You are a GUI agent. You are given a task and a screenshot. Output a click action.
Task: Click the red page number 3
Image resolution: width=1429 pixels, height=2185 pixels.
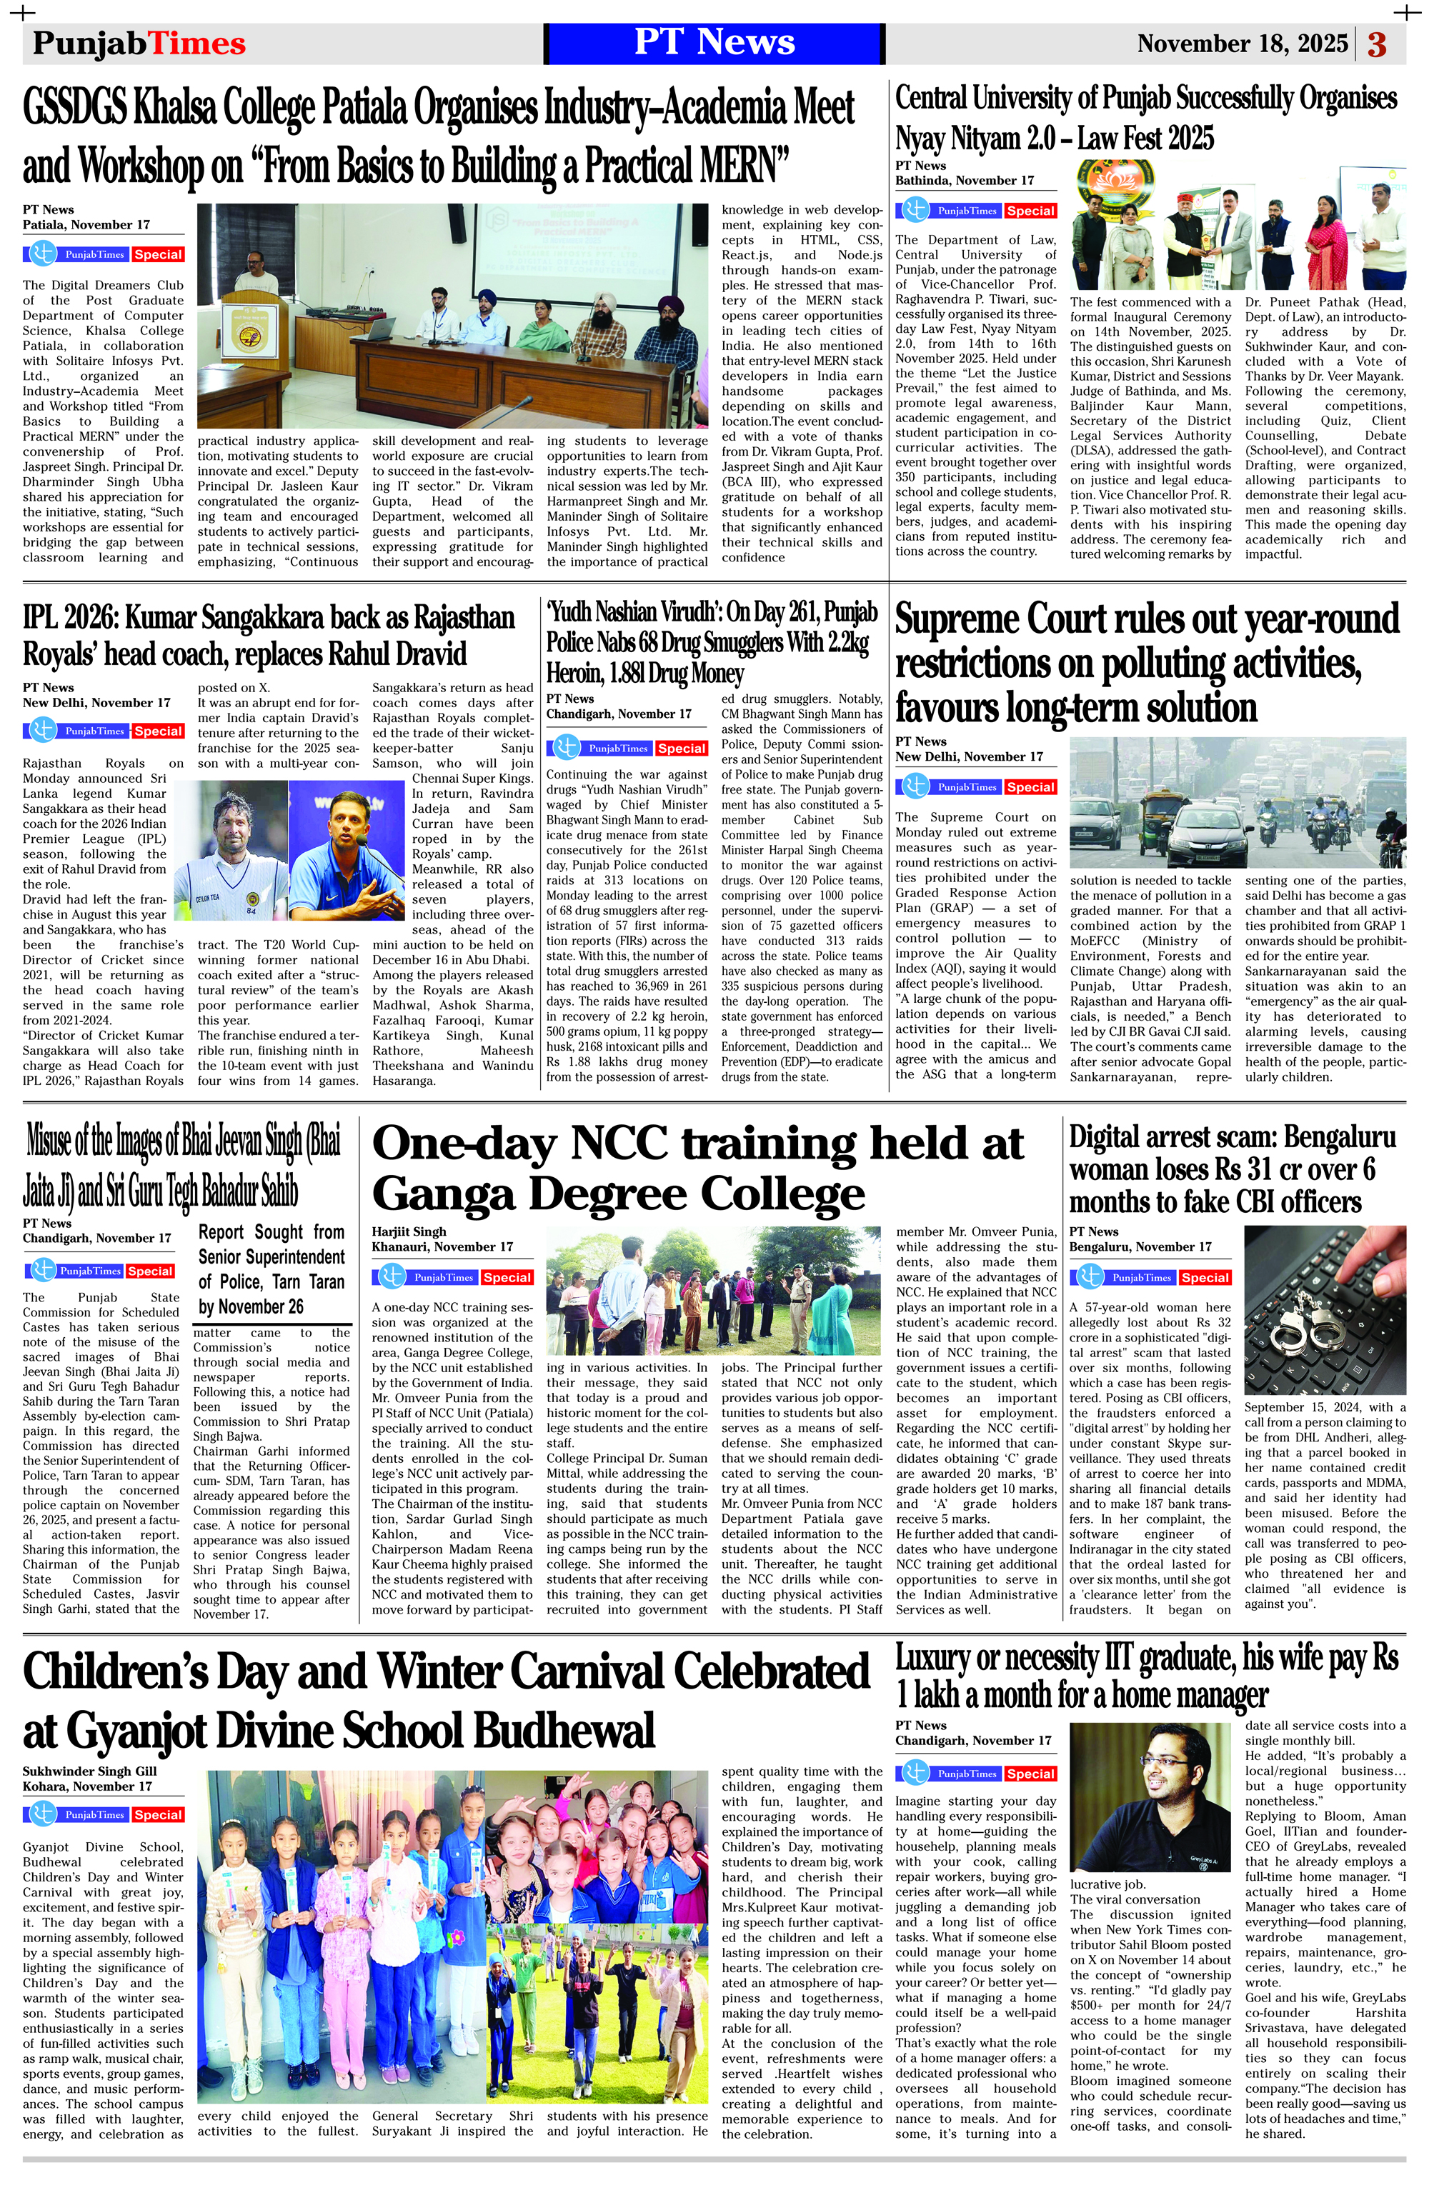pos(1377,44)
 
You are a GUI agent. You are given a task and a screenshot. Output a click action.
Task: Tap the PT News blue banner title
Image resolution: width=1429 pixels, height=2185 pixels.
pos(714,43)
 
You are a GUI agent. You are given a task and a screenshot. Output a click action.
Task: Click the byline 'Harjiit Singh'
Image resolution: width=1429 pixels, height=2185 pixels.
pos(409,1232)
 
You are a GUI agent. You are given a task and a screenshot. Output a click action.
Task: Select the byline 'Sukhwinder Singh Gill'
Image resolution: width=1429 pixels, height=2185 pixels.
pos(90,1771)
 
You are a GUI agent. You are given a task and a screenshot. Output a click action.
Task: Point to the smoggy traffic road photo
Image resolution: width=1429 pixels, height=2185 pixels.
pos(1237,802)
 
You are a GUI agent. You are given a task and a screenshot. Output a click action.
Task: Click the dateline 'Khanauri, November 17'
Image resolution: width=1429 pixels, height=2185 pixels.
pos(442,1246)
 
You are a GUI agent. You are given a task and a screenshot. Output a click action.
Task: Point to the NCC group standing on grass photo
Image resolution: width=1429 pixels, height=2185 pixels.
pos(714,1302)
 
